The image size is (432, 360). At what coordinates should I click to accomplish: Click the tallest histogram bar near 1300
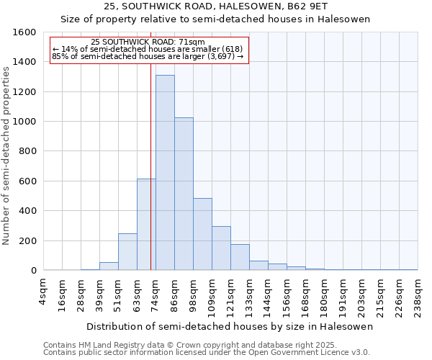165,173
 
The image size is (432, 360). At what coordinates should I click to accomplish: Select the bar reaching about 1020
184,194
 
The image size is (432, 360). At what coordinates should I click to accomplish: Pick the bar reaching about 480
202,234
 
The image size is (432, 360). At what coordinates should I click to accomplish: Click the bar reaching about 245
127,252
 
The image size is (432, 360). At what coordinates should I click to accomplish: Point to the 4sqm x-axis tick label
43,291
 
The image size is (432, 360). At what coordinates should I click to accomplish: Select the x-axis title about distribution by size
230,327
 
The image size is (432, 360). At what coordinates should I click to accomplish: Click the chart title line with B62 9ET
216,6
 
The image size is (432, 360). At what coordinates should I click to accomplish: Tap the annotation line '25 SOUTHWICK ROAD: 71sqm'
148,42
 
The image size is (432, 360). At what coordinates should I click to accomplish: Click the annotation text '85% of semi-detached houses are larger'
148,56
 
